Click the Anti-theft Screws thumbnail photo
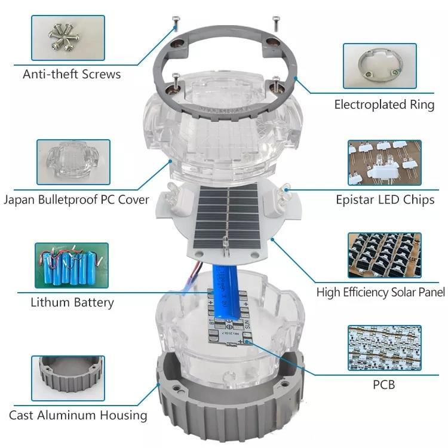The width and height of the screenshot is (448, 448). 68,38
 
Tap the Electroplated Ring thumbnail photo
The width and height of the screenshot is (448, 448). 380,66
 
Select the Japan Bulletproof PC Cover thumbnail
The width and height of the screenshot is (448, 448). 73,162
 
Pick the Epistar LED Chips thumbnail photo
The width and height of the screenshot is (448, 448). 385,162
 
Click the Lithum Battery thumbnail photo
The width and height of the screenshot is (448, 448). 72,265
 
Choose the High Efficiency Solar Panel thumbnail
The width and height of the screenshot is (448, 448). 385,255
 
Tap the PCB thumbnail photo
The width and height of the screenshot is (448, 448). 385,348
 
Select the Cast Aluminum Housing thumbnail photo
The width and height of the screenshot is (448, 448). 68,378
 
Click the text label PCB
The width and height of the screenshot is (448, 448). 384,385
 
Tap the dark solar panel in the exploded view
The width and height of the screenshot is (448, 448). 226,216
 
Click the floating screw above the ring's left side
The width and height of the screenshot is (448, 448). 176,24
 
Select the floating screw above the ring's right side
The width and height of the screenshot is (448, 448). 276,23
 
